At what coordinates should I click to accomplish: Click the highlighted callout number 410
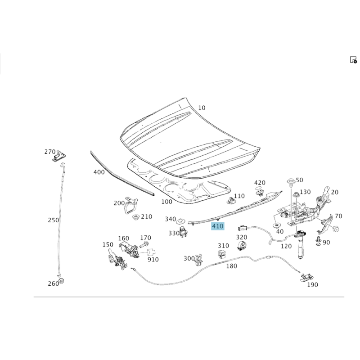click(x=217, y=226)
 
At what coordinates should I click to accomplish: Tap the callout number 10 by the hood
click(x=202, y=108)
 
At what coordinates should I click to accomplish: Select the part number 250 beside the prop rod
click(x=54, y=220)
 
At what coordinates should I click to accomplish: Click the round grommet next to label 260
click(x=61, y=281)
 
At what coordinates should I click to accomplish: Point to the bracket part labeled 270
click(x=60, y=157)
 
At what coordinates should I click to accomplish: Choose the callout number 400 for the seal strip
click(x=99, y=172)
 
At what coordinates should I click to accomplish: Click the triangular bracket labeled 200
click(x=131, y=205)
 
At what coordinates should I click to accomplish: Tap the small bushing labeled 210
click(x=137, y=217)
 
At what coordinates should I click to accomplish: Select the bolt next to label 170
click(x=143, y=244)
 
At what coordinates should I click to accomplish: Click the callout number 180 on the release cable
click(x=231, y=266)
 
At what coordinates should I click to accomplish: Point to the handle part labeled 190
click(x=307, y=277)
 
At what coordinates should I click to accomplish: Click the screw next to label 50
click(x=291, y=182)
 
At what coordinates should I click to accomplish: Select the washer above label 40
click(x=276, y=225)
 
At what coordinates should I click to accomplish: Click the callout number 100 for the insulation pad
click(x=166, y=202)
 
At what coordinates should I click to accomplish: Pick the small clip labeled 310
click(x=221, y=254)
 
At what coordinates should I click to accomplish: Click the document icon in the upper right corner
click(x=353, y=60)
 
